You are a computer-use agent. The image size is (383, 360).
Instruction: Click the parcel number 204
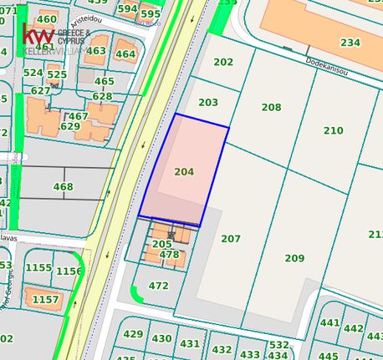click(x=184, y=172)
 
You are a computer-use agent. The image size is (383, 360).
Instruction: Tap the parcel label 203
click(x=208, y=103)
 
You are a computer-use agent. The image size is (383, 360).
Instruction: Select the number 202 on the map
click(x=223, y=62)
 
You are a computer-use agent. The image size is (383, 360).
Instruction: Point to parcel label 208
click(x=271, y=108)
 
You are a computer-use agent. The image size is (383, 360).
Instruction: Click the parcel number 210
click(x=333, y=130)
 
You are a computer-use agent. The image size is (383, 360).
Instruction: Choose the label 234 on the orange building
click(x=350, y=43)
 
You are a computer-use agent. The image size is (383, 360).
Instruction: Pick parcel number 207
click(x=231, y=239)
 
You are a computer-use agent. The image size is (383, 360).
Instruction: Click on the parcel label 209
click(x=294, y=258)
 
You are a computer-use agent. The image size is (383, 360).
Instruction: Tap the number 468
click(x=63, y=187)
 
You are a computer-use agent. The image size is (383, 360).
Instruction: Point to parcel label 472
click(x=158, y=286)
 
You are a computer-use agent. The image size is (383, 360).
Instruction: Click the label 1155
click(x=38, y=268)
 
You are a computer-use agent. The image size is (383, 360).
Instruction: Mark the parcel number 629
click(x=70, y=127)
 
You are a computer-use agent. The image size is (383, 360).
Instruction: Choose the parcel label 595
click(x=151, y=14)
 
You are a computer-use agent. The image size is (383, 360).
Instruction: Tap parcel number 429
click(x=133, y=334)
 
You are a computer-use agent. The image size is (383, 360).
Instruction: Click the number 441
click(x=330, y=323)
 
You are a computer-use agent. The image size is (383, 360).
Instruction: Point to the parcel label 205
click(x=161, y=244)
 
